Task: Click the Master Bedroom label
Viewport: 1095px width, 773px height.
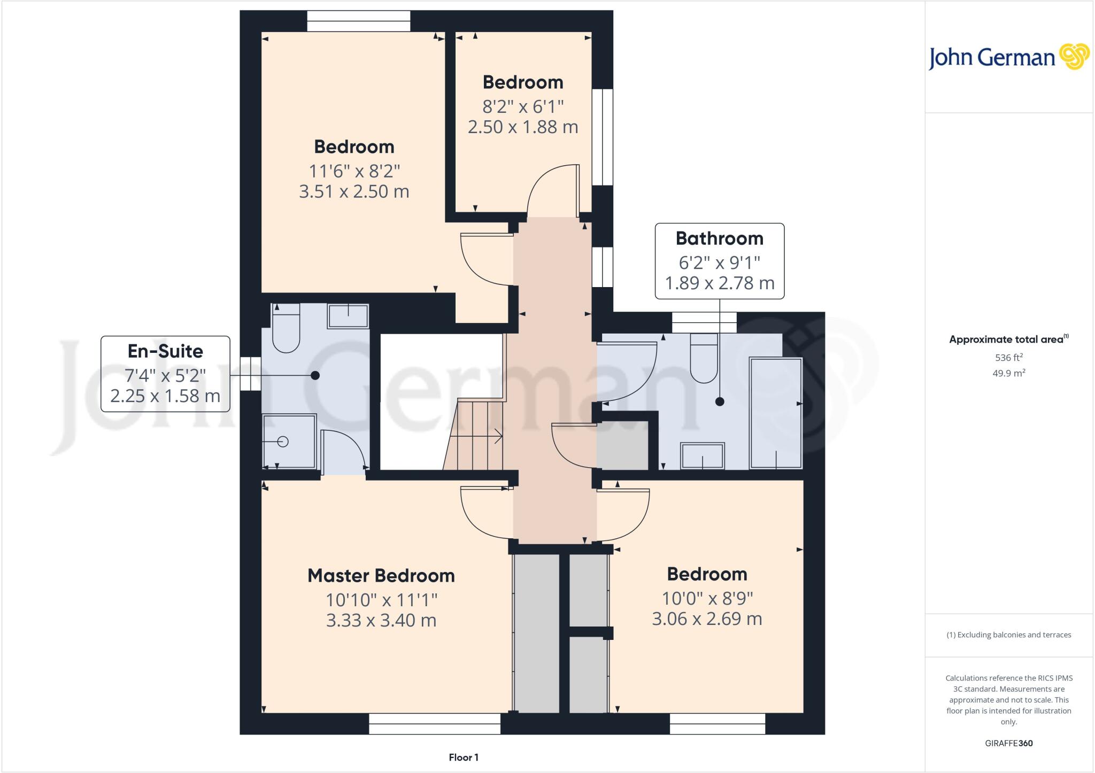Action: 381,576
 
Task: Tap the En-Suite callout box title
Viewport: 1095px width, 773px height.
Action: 165,351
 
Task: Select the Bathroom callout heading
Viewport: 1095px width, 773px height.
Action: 719,238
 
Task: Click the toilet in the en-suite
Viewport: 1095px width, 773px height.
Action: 286,331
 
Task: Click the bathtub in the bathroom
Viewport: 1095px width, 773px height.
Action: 776,413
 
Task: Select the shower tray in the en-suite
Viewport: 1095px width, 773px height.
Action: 289,442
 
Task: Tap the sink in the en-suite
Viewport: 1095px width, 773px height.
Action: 348,316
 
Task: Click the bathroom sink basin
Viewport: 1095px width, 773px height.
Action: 703,456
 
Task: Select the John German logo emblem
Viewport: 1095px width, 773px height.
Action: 1074,57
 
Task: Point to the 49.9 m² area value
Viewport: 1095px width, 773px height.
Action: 1008,373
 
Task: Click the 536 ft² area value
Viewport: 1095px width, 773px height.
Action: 1008,358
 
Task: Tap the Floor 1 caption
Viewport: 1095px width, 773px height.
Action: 464,757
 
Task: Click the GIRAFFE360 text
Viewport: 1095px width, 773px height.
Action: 1008,743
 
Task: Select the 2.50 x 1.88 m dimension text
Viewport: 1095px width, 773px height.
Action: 522,127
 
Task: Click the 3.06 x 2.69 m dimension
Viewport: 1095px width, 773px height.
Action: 706,619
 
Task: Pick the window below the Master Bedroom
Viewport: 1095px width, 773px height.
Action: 435,724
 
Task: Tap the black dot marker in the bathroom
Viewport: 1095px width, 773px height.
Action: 720,401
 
